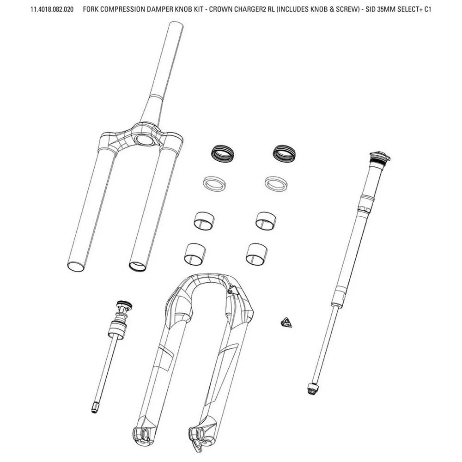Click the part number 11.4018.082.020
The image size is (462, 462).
point(52,9)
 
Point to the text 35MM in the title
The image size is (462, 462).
point(386,9)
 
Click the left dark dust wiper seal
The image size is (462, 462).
point(223,153)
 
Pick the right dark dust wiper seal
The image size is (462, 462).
point(284,153)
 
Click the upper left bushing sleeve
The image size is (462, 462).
point(204,221)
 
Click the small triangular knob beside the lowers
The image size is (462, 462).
point(285,322)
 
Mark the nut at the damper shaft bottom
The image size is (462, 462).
point(312,389)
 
